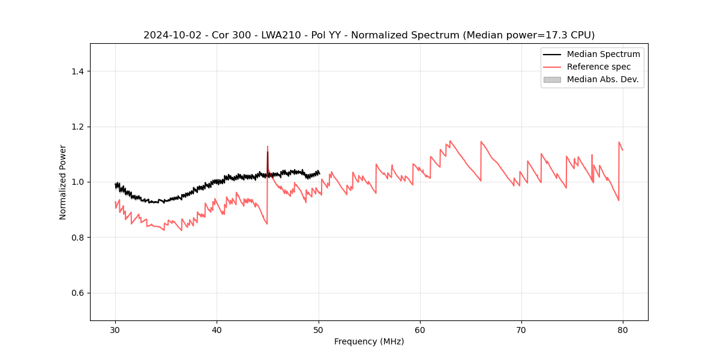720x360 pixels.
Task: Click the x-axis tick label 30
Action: (x=115, y=329)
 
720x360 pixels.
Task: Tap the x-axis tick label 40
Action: (x=217, y=329)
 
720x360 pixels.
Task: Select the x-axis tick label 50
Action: (x=318, y=329)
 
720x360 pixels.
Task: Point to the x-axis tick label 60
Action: (x=420, y=329)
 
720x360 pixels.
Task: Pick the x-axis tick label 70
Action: (x=521, y=329)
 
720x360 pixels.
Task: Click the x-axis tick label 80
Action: (x=623, y=329)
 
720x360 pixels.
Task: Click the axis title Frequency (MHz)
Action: (x=369, y=341)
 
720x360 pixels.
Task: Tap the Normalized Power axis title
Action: (x=63, y=182)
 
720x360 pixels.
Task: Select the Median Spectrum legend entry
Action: (x=603, y=54)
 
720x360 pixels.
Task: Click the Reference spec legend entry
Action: (x=598, y=67)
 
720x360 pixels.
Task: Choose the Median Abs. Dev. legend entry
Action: (x=602, y=79)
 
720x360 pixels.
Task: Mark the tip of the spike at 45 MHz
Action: (x=268, y=146)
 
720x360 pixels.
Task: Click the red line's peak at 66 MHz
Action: (x=481, y=142)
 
